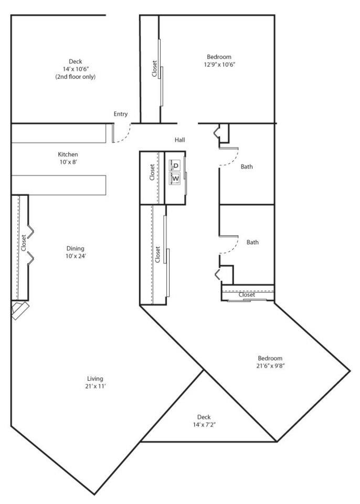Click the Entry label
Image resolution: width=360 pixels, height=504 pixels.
(x=121, y=114)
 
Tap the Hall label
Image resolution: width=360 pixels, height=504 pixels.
(x=180, y=140)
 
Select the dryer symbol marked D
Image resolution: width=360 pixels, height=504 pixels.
(x=175, y=166)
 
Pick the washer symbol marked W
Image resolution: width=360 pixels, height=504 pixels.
(x=175, y=178)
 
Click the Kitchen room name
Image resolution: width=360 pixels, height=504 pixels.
(x=68, y=154)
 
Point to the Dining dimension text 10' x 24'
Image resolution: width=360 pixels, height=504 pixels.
(x=76, y=256)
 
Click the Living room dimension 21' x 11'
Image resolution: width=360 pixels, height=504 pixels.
(x=96, y=386)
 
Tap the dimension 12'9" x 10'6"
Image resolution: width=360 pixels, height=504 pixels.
(x=219, y=65)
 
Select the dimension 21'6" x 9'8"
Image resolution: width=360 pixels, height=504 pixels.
(x=271, y=366)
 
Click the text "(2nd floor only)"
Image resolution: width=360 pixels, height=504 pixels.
(x=76, y=77)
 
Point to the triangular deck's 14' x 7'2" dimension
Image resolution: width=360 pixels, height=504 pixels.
(x=204, y=425)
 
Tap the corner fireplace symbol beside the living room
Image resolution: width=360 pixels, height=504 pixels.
(x=20, y=310)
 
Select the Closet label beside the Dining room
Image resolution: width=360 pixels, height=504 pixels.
(x=24, y=243)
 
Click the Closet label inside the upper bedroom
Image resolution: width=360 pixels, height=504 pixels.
(x=155, y=69)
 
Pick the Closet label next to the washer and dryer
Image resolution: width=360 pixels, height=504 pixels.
(x=152, y=172)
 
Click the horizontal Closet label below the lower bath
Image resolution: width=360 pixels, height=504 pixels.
(x=247, y=295)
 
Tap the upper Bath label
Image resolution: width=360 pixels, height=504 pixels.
(x=247, y=167)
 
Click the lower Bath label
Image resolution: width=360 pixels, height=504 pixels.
(x=252, y=243)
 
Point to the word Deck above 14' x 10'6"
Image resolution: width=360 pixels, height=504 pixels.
(x=76, y=61)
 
